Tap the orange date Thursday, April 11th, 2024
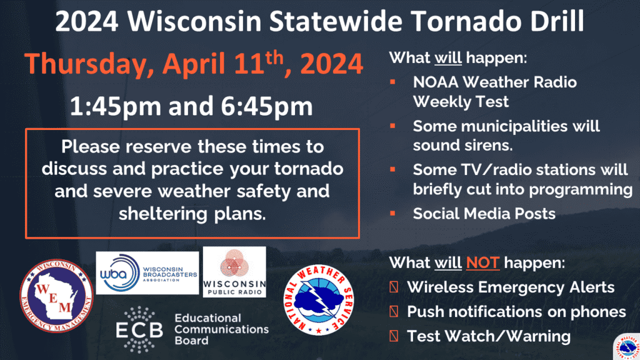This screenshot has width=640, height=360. point(194,64)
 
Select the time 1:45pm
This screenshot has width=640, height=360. point(116,106)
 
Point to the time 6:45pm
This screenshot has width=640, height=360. point(267,106)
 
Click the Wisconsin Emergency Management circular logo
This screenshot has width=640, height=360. point(57,296)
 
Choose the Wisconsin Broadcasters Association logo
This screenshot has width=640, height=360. point(147,272)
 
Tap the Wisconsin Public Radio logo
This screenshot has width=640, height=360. point(234,272)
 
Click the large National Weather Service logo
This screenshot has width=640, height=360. point(319,300)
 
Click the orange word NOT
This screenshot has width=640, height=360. point(483,262)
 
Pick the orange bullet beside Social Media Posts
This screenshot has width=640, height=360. point(392,213)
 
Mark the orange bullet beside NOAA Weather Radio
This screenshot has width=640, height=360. point(392,82)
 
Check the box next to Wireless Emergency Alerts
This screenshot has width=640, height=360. point(394,287)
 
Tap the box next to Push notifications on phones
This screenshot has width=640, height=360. point(394,311)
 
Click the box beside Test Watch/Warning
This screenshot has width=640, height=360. point(394,336)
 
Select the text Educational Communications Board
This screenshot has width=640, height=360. point(222,329)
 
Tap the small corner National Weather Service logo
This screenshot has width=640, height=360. point(627,347)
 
